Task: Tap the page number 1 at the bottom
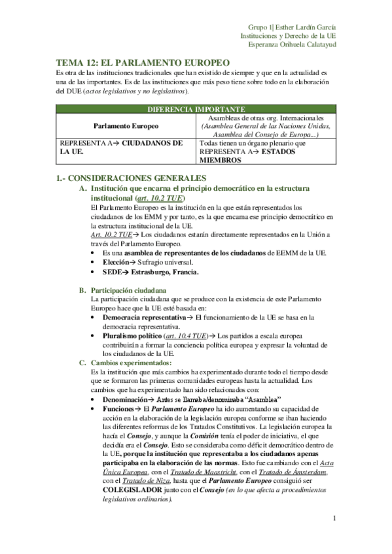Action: (334, 519)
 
